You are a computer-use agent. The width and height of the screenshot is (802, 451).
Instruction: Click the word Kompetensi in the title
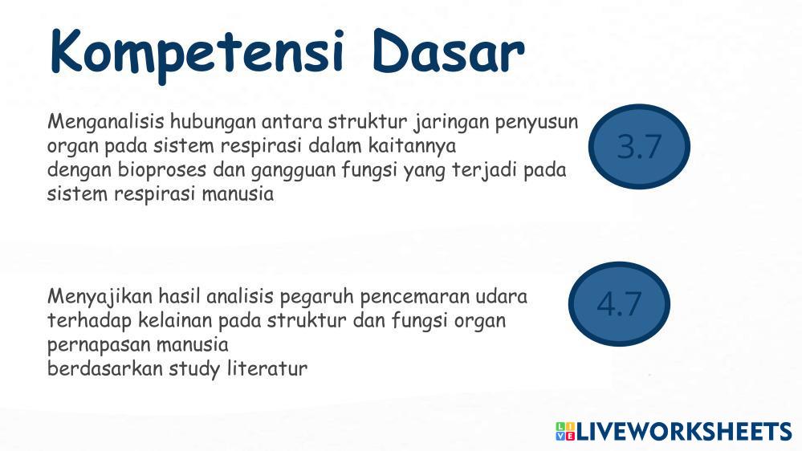[197, 53]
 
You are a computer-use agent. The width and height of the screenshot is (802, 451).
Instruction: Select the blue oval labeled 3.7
[639, 146]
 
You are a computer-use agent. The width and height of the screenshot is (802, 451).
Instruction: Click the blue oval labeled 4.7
[619, 303]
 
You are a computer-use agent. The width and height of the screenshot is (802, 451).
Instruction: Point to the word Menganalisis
[106, 123]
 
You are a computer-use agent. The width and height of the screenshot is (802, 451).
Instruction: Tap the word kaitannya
[412, 147]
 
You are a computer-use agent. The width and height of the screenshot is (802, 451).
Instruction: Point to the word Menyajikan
[100, 297]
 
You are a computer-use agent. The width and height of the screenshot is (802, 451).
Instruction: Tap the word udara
[501, 297]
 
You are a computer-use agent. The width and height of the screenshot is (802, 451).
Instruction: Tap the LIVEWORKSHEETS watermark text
[684, 432]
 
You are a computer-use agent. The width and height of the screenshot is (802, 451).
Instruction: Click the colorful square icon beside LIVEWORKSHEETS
[565, 432]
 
